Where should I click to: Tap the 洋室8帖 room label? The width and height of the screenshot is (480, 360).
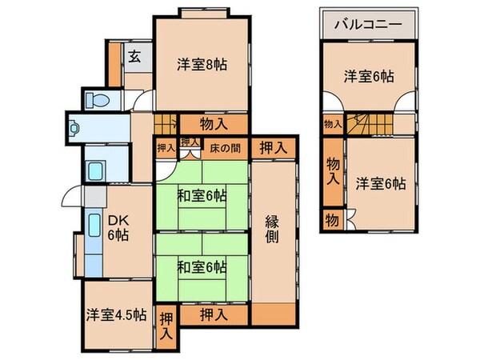pyautogui.click(x=202, y=64)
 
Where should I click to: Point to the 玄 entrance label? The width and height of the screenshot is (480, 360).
pyautogui.click(x=134, y=58)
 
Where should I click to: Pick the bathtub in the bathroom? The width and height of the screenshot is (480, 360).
pyautogui.click(x=94, y=171)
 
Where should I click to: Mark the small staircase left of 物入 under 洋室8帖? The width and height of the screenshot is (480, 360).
pyautogui.click(x=166, y=126)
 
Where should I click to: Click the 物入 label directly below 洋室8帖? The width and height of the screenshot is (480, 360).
pyautogui.click(x=212, y=124)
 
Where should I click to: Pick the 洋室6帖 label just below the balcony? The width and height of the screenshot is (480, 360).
pyautogui.click(x=369, y=76)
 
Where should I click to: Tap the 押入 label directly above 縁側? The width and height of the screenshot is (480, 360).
pyautogui.click(x=274, y=147)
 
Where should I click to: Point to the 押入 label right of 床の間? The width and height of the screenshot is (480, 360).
pyautogui.click(x=274, y=147)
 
